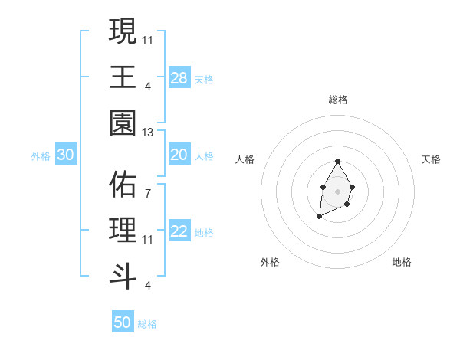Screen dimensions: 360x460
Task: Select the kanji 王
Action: tap(123, 77)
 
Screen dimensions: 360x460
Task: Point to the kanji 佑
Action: tap(123, 185)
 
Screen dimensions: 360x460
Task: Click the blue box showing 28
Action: tap(179, 78)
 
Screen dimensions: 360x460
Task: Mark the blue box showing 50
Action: tap(123, 322)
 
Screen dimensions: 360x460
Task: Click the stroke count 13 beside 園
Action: tap(148, 133)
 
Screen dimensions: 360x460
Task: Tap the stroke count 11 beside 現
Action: tap(148, 39)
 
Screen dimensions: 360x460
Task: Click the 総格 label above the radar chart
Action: tap(337, 100)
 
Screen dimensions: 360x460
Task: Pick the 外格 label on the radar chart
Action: tap(270, 263)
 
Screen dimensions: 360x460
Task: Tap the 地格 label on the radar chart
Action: tap(402, 263)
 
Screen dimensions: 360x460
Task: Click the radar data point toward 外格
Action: tap(319, 217)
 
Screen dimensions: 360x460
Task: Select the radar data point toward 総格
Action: tap(337, 162)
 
